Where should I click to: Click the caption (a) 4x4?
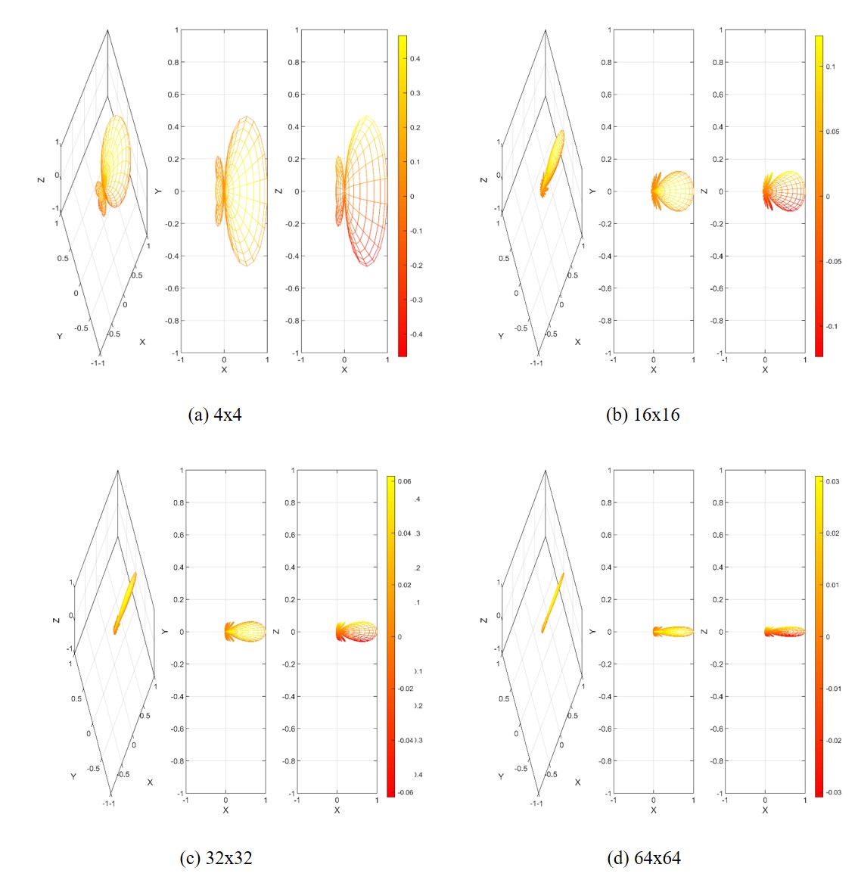(215, 414)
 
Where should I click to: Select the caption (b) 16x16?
(642, 414)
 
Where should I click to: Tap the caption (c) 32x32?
(216, 857)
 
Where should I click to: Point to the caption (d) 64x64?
(643, 857)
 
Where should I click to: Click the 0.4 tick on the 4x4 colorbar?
(415, 58)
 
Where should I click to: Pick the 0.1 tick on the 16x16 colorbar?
(831, 67)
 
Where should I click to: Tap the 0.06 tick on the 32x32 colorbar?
(405, 481)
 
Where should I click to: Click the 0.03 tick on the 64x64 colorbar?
(832, 481)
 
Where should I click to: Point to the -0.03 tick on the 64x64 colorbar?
(832, 792)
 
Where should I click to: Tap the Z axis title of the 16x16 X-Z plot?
(705, 191)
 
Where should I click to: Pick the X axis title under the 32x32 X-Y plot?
(225, 810)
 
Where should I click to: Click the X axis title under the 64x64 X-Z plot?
(765, 810)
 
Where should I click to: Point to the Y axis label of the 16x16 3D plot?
(501, 335)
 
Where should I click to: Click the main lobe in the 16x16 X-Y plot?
(674, 191)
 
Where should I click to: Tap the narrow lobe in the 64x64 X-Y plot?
(674, 631)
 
